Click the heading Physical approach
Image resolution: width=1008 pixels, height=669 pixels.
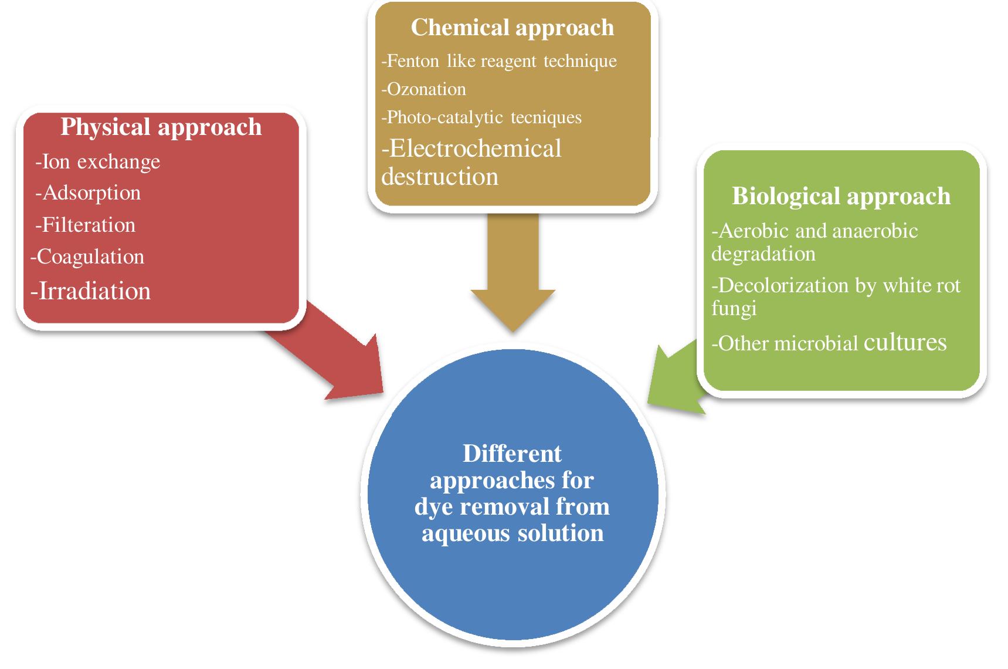coord(161,127)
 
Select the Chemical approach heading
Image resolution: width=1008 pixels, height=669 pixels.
coord(512,28)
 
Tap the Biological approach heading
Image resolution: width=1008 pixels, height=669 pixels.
coord(841,196)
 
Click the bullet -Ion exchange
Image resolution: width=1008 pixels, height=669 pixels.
coord(97,162)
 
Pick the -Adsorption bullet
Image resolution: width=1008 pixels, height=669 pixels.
coord(88,193)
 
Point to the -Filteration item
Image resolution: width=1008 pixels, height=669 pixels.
coord(86,225)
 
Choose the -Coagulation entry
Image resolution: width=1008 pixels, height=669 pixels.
coord(87,257)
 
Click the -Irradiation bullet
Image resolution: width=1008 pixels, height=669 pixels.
coord(91,291)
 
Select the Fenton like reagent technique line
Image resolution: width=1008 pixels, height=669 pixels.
coord(499,61)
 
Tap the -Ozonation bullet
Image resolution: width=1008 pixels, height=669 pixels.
coord(423,89)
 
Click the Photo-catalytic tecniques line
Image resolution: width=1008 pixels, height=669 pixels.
coord(481,117)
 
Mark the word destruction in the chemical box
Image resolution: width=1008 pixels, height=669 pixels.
coord(440,177)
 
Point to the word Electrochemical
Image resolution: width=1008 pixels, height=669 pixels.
coord(475,148)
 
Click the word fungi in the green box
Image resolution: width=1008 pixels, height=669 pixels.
coord(734,309)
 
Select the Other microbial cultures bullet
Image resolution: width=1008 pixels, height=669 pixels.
coord(829,343)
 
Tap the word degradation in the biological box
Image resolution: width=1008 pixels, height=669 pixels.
coord(763,254)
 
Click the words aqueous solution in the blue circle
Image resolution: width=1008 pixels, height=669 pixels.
coord(513,533)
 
